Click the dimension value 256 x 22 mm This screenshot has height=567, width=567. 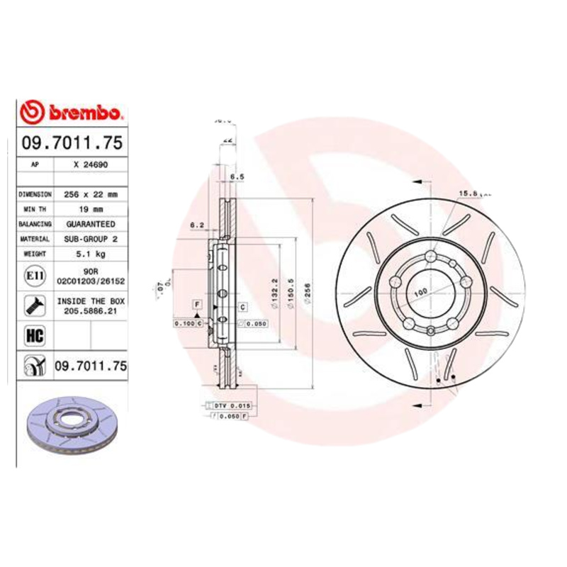click(89, 193)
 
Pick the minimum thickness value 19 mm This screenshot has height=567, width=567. click(89, 209)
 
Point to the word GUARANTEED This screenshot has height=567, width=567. click(89, 224)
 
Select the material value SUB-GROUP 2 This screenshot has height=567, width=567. click(89, 240)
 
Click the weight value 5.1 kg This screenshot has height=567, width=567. click(89, 254)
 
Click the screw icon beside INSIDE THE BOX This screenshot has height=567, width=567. click(33, 305)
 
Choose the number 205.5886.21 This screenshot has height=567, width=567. click(89, 311)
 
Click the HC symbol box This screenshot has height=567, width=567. click(33, 335)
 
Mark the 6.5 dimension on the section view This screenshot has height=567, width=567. click(237, 176)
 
